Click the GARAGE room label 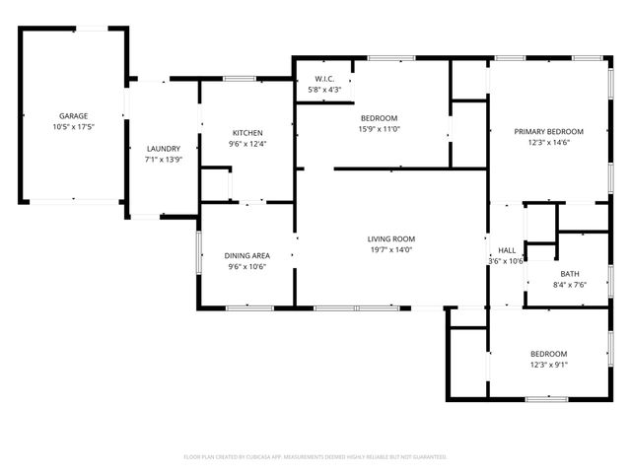pyautogui.click(x=73, y=116)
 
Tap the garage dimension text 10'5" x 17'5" pyautogui.click(x=73, y=127)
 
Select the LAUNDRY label pyautogui.click(x=164, y=149)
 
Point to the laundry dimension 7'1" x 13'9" pyautogui.click(x=164, y=160)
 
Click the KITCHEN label pyautogui.click(x=247, y=133)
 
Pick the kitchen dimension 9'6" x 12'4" pyautogui.click(x=247, y=144)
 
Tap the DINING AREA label pyautogui.click(x=247, y=255)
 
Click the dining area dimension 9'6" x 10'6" pyautogui.click(x=247, y=266)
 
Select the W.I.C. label pyautogui.click(x=325, y=79)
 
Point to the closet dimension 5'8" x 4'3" pyautogui.click(x=325, y=90)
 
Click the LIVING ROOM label pyautogui.click(x=391, y=238)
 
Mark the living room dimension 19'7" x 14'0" pyautogui.click(x=391, y=249)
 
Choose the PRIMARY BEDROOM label pyautogui.click(x=549, y=132)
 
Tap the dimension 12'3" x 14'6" pyautogui.click(x=549, y=143)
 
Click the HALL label pyautogui.click(x=507, y=250)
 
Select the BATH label pyautogui.click(x=570, y=274)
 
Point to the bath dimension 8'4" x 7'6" pyautogui.click(x=570, y=285)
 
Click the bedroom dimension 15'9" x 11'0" pyautogui.click(x=378, y=129)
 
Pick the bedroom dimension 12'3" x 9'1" pyautogui.click(x=549, y=365)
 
